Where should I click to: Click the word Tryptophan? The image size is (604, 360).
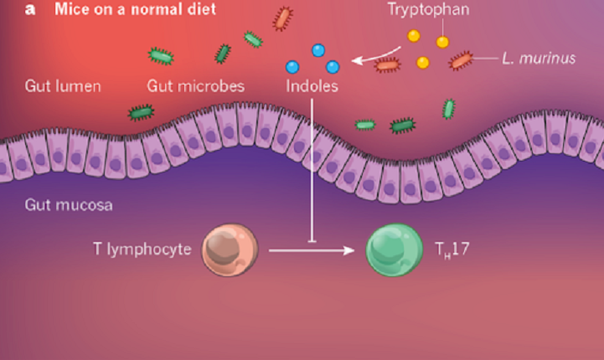point(428,11)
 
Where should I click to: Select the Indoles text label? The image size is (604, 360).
point(312,85)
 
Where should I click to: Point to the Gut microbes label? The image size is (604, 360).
point(195,85)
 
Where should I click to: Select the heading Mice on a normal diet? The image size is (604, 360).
point(134,11)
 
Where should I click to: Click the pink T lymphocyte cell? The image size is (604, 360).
point(229,249)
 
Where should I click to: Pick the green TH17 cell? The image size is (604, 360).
point(395,249)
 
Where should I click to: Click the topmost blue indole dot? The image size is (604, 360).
point(318,50)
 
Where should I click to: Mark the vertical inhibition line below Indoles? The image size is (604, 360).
point(312,167)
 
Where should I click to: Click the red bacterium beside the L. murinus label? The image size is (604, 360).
point(461,60)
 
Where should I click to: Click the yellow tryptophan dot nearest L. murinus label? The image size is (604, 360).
point(442,42)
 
